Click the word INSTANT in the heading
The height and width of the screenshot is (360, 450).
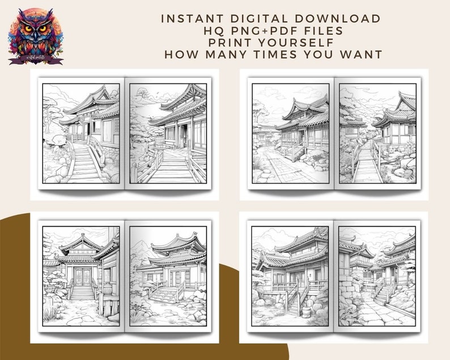pos(188,18)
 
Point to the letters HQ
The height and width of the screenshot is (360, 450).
pos(210,30)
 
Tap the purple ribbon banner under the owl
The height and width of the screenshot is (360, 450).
pos(36,58)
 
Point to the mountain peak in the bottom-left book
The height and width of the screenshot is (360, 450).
pos(141,245)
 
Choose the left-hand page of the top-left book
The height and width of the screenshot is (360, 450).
pos(81,133)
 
